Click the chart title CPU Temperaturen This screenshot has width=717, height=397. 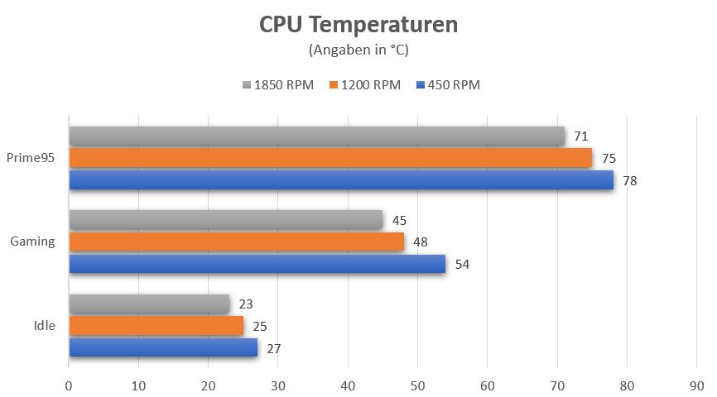coord(358,25)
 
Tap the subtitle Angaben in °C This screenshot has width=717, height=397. coord(358,50)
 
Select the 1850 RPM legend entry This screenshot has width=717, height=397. coord(278,85)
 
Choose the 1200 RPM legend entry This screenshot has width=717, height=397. coord(365,85)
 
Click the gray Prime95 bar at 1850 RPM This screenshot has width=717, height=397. coord(316,136)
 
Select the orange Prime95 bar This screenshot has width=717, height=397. coord(330,158)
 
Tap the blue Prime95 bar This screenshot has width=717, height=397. coord(341,179)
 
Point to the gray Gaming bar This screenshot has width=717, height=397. coord(226,219)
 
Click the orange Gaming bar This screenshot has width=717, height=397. coord(237,242)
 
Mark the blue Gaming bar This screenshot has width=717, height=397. coord(257,264)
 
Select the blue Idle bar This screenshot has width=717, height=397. coord(163,347)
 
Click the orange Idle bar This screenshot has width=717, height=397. coord(156,326)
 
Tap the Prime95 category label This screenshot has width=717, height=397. coord(31,158)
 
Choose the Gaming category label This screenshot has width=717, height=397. coord(32,242)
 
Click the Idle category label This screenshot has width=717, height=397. coord(45,326)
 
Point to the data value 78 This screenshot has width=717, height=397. coord(630,180)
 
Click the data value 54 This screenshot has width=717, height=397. coord(461,265)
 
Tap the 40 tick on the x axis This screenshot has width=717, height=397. coord(348,385)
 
